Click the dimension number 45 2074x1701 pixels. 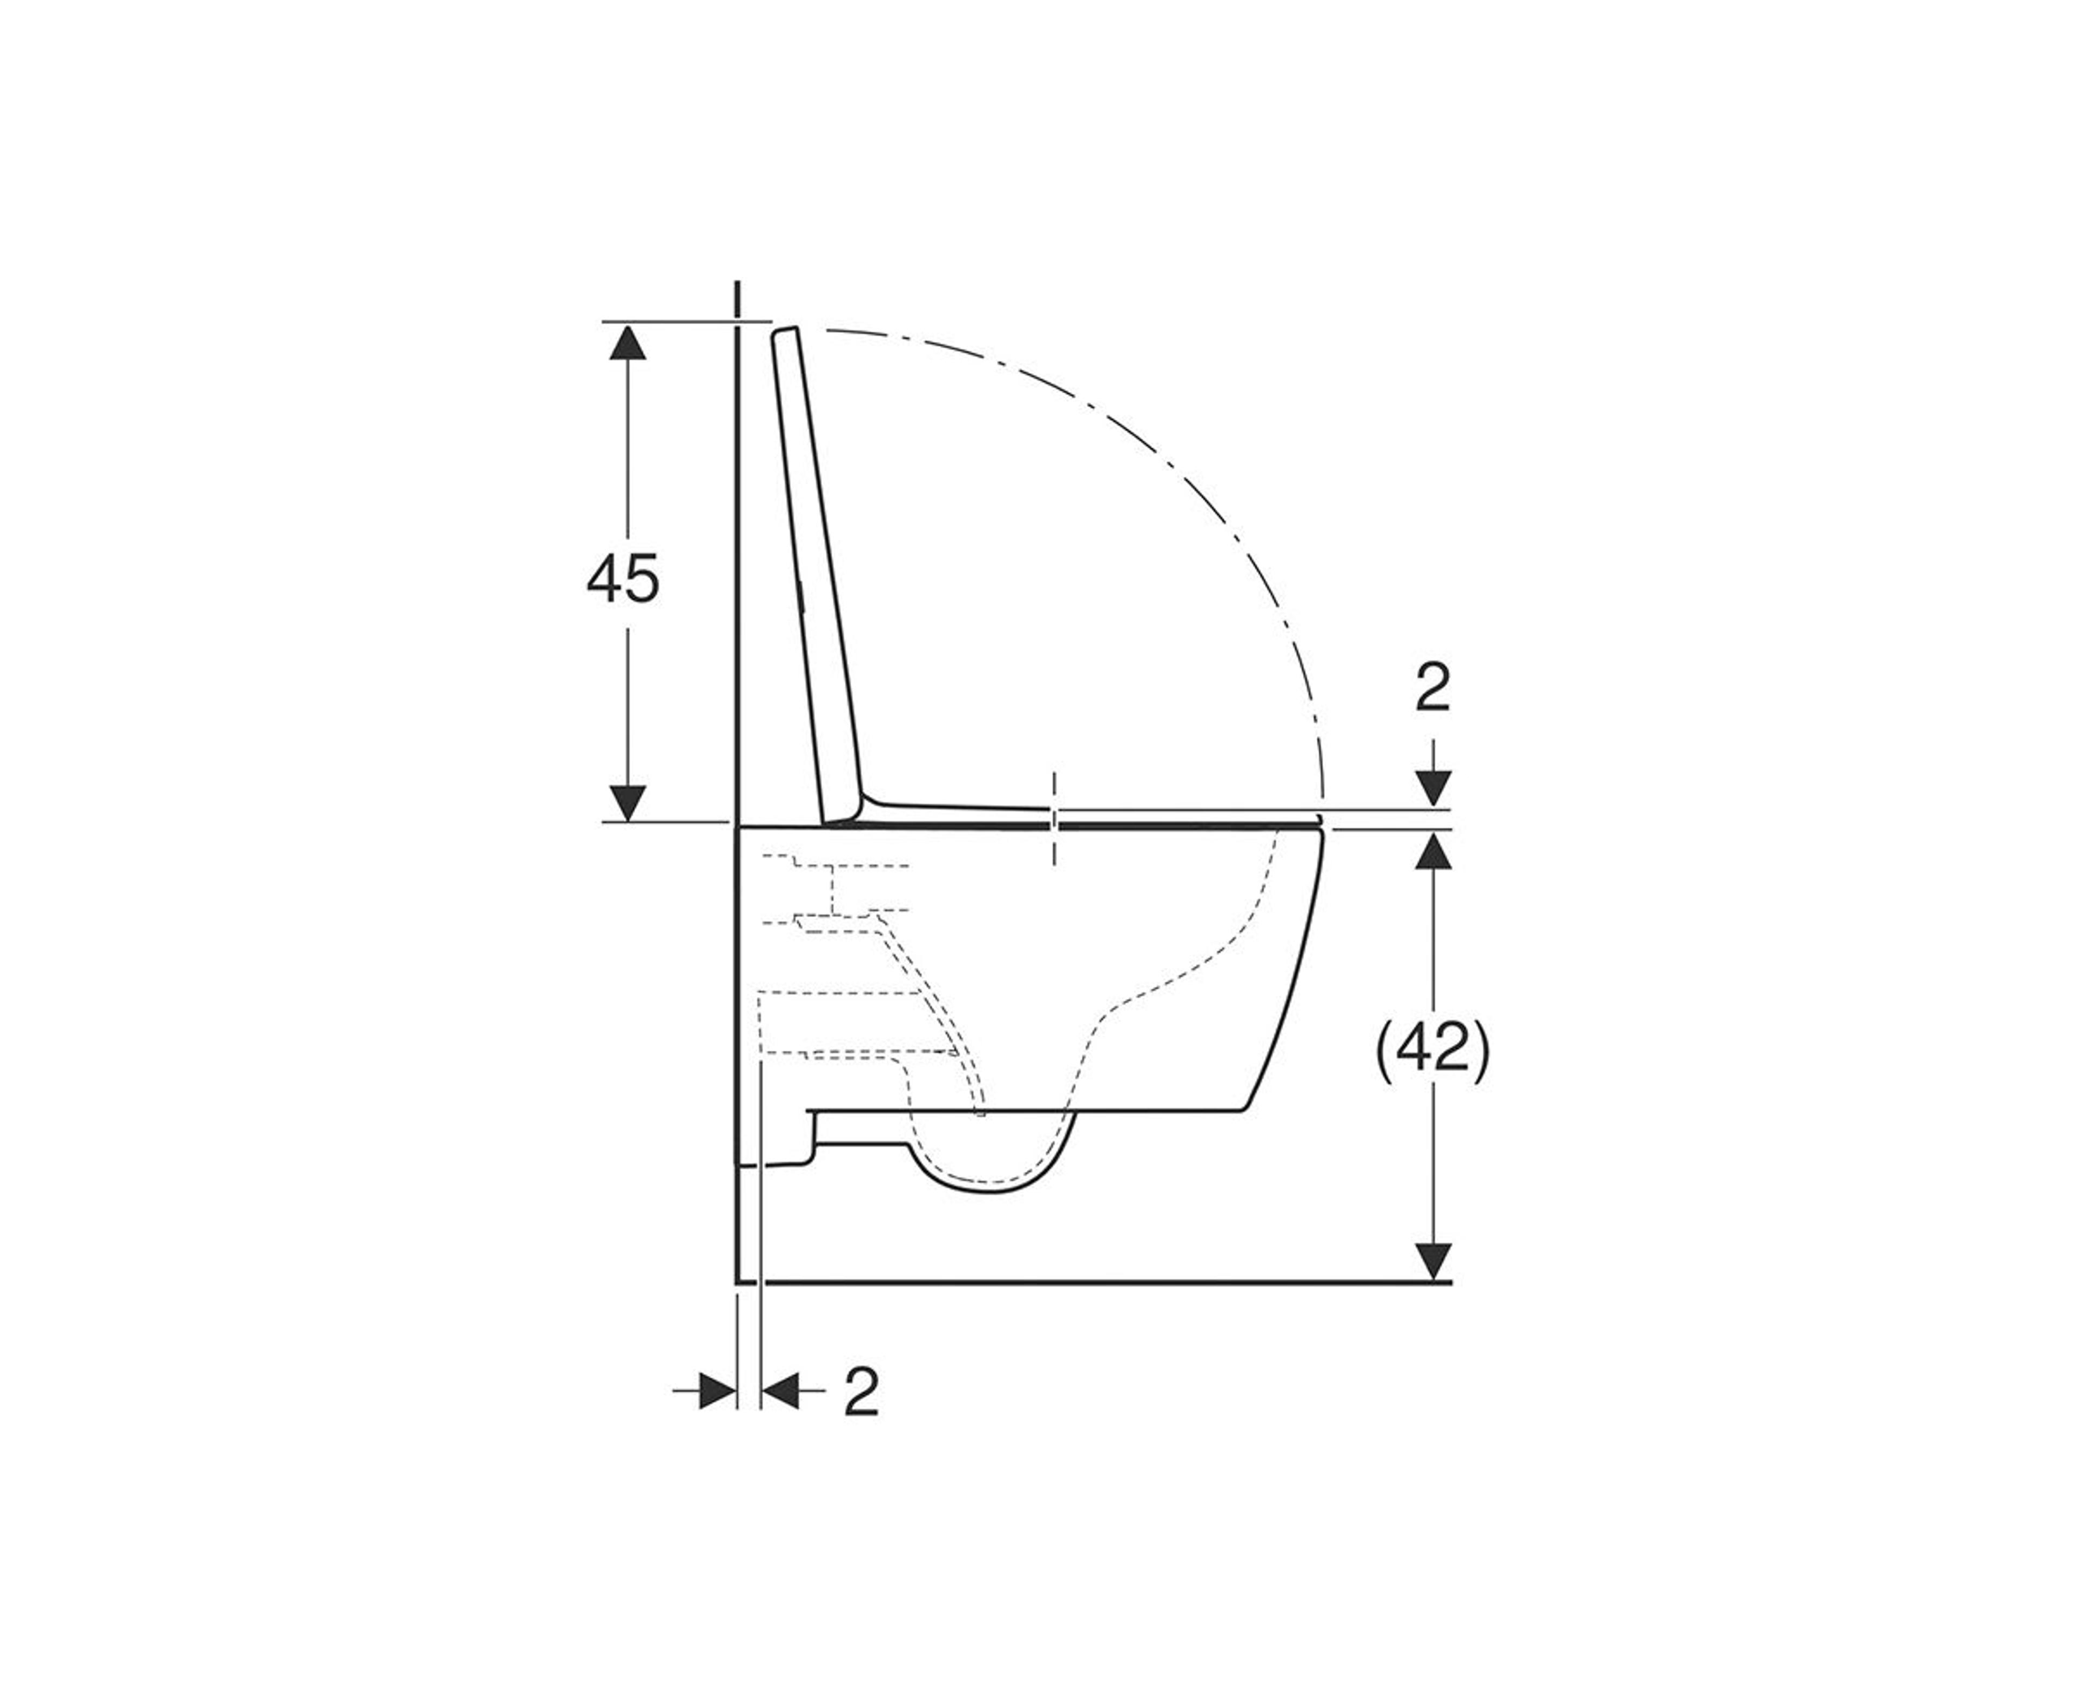pyautogui.click(x=623, y=579)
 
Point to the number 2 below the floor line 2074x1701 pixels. pyautogui.click(x=861, y=1393)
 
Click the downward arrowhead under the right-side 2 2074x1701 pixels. pyautogui.click(x=1435, y=788)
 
